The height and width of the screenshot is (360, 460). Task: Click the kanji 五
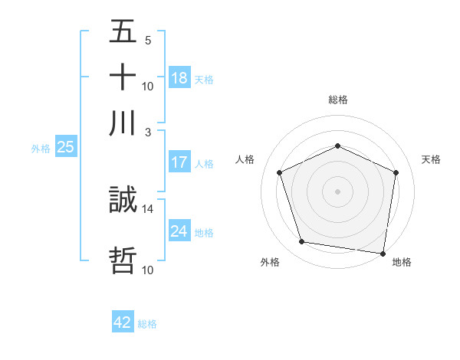tap(123, 32)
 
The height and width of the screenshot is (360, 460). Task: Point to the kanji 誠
tap(123, 201)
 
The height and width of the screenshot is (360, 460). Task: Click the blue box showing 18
tap(179, 78)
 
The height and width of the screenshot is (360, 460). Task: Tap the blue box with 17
tap(179, 162)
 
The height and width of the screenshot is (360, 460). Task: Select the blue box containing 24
tap(179, 231)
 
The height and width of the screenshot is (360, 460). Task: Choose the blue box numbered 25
tap(65, 147)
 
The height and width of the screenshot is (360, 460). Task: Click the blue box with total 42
tap(123, 322)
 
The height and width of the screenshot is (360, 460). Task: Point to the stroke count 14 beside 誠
tap(148, 208)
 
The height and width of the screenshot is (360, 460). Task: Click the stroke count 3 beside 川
tap(149, 132)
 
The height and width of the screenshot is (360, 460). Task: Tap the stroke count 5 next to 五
tap(148, 41)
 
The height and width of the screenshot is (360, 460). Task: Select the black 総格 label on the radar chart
tap(337, 100)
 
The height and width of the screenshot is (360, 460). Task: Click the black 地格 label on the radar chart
tap(402, 262)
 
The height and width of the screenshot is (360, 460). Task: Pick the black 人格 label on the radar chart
tap(245, 159)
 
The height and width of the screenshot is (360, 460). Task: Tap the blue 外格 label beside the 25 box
tap(40, 149)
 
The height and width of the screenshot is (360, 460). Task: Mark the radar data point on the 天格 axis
tap(396, 172)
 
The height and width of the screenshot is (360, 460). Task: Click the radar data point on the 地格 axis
tap(383, 253)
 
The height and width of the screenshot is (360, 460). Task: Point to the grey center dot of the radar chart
tap(337, 191)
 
